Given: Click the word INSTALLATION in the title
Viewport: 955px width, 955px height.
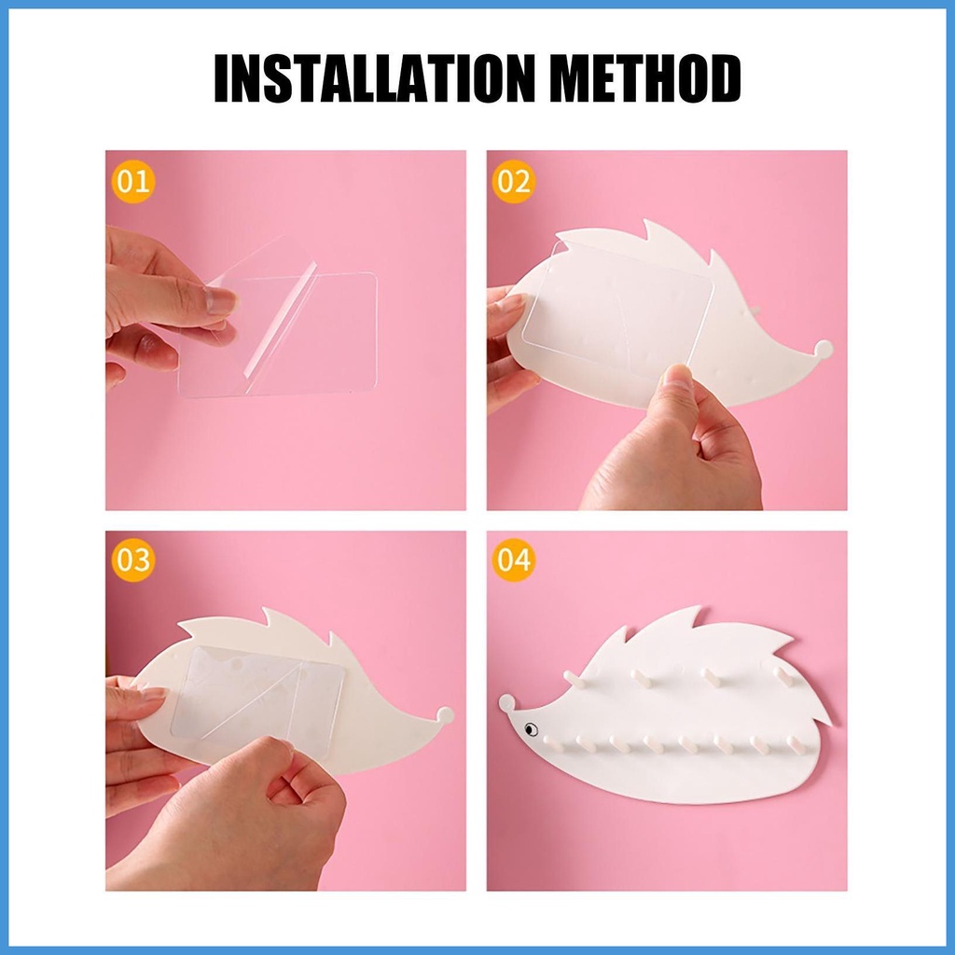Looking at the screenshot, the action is point(375,78).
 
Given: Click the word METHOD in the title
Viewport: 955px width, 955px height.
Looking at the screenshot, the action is point(645,78).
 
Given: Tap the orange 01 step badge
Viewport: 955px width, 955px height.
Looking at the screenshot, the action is point(132,182).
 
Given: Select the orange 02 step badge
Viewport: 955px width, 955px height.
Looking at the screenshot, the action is point(514,182).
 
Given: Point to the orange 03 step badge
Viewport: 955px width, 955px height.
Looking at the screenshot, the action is point(132,561).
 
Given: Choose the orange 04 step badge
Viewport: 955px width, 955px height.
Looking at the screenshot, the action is point(514,561).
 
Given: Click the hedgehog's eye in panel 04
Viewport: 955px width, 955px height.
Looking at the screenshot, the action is point(531,728).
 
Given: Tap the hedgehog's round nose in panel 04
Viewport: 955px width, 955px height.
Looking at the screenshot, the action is point(506,702).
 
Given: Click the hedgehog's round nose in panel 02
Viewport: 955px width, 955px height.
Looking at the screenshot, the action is point(824,350).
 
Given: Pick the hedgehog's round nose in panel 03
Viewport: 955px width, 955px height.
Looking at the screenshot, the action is point(445,715).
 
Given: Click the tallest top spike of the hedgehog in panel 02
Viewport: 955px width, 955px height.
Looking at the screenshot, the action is point(661,233).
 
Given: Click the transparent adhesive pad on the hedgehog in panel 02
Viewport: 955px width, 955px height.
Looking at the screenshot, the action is point(617,308).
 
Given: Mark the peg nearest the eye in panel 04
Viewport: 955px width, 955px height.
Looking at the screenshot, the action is point(553,742).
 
